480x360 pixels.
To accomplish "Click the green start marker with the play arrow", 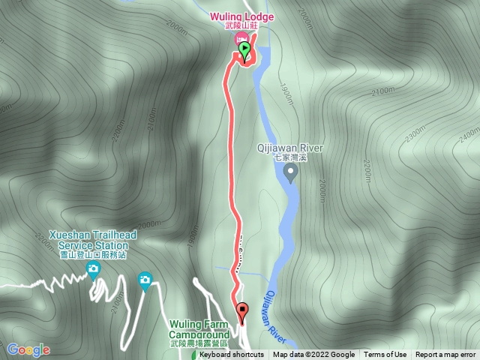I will (x=245, y=49).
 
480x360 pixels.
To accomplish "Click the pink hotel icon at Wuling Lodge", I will (x=241, y=38).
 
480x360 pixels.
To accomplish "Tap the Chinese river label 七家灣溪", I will (x=291, y=158).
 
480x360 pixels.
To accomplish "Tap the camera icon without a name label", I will (x=145, y=280).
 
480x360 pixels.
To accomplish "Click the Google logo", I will (x=28, y=349).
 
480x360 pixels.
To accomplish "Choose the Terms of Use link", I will (x=385, y=355).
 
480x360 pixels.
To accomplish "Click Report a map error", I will (x=445, y=355).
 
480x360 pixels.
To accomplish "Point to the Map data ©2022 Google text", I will (x=313, y=355).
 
